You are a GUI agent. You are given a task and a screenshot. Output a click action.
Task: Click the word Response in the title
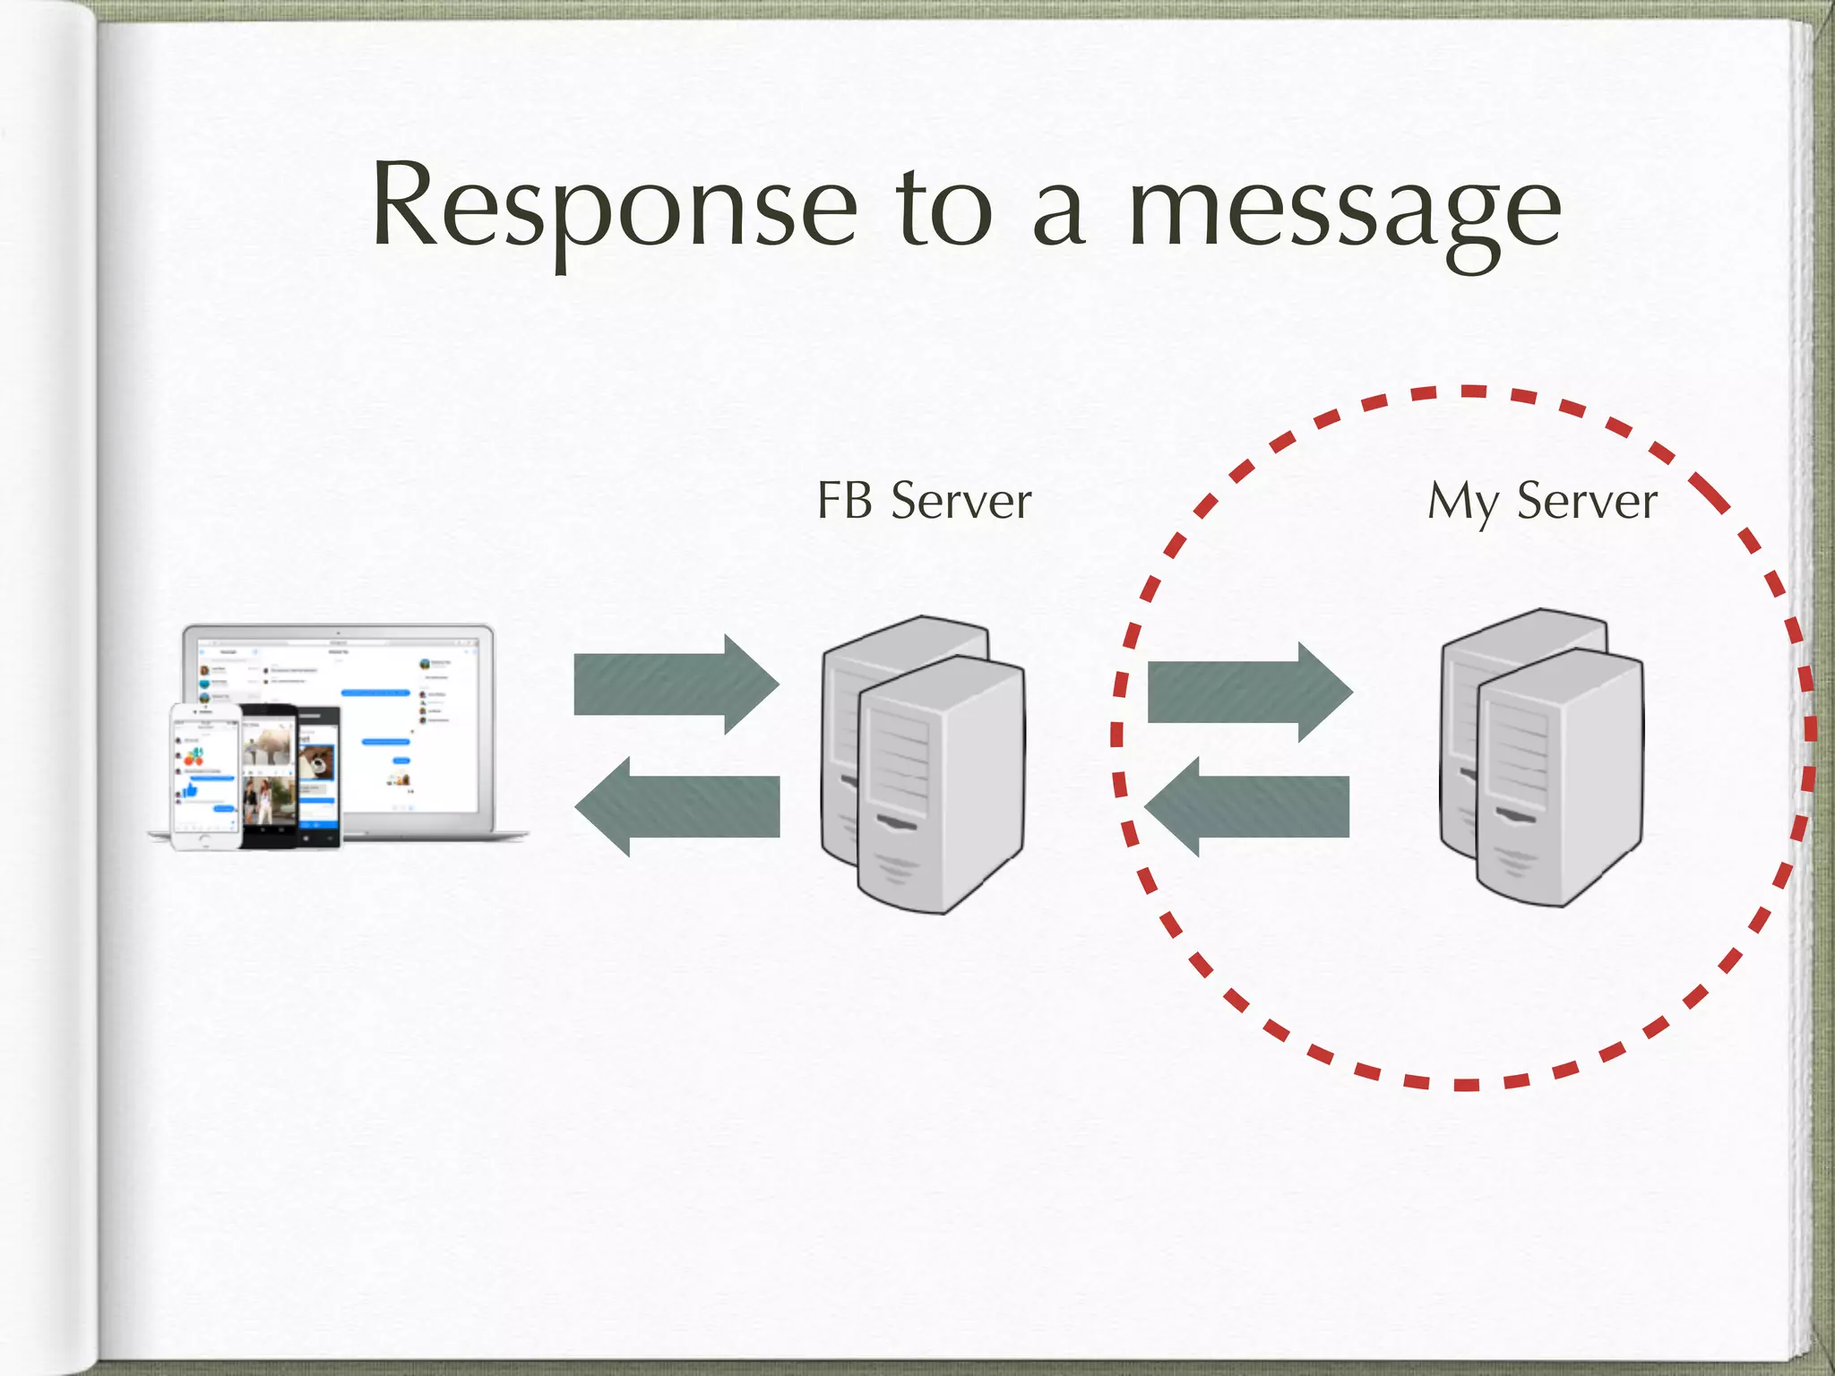click(615, 208)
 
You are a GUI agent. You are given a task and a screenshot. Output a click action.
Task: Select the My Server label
click(1541, 502)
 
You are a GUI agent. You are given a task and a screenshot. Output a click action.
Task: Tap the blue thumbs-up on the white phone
click(190, 789)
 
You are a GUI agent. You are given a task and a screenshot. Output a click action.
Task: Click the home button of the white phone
click(205, 839)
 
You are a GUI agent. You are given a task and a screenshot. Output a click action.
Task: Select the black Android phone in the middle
click(269, 775)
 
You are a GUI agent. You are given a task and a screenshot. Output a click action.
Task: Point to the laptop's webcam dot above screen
click(339, 633)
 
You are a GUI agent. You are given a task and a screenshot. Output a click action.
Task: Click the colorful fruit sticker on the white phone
click(194, 758)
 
